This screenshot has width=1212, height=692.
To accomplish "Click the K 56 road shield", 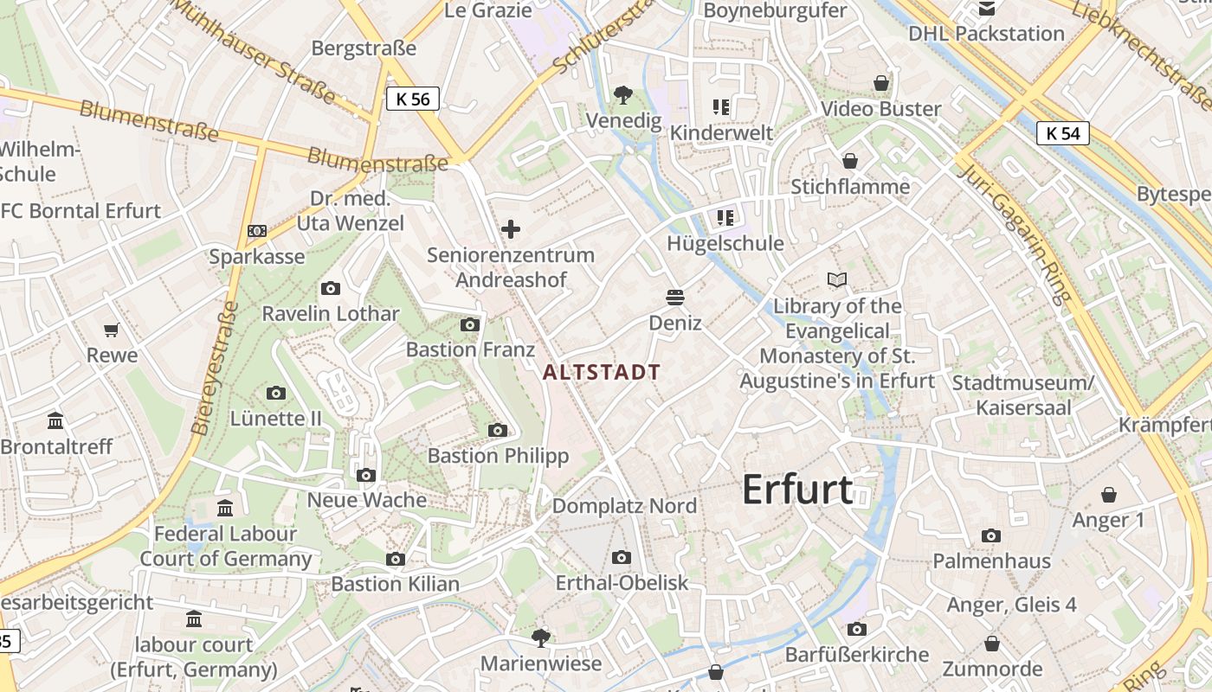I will click(x=412, y=99).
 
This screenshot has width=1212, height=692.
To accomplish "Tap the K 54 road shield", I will click(x=1062, y=133).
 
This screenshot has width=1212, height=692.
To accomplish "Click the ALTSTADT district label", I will click(x=601, y=373).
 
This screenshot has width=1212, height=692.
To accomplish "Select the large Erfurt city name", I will click(x=797, y=490).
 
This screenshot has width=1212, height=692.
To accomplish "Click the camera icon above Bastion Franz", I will click(x=470, y=324).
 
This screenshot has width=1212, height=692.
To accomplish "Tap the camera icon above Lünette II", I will click(x=276, y=394).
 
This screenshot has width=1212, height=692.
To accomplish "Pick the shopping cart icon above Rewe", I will click(x=112, y=330).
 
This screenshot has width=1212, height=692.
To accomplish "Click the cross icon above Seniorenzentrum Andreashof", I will click(x=511, y=229).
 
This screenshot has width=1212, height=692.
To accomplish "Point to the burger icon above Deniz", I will click(x=675, y=298).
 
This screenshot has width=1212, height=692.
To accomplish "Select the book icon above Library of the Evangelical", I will click(x=837, y=280).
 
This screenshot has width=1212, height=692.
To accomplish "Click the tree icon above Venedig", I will click(x=622, y=94).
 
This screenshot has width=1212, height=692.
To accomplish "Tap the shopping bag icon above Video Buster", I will click(x=880, y=83).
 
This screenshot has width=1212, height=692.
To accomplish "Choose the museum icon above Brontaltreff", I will click(x=56, y=421).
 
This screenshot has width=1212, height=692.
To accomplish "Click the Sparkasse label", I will click(x=257, y=256).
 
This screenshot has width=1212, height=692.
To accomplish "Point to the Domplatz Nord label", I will click(x=624, y=505).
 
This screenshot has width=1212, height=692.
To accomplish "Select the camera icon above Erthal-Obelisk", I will click(x=621, y=557).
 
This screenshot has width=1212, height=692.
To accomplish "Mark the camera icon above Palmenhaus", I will click(x=991, y=535).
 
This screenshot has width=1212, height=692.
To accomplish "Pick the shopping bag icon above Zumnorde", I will click(x=992, y=644).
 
